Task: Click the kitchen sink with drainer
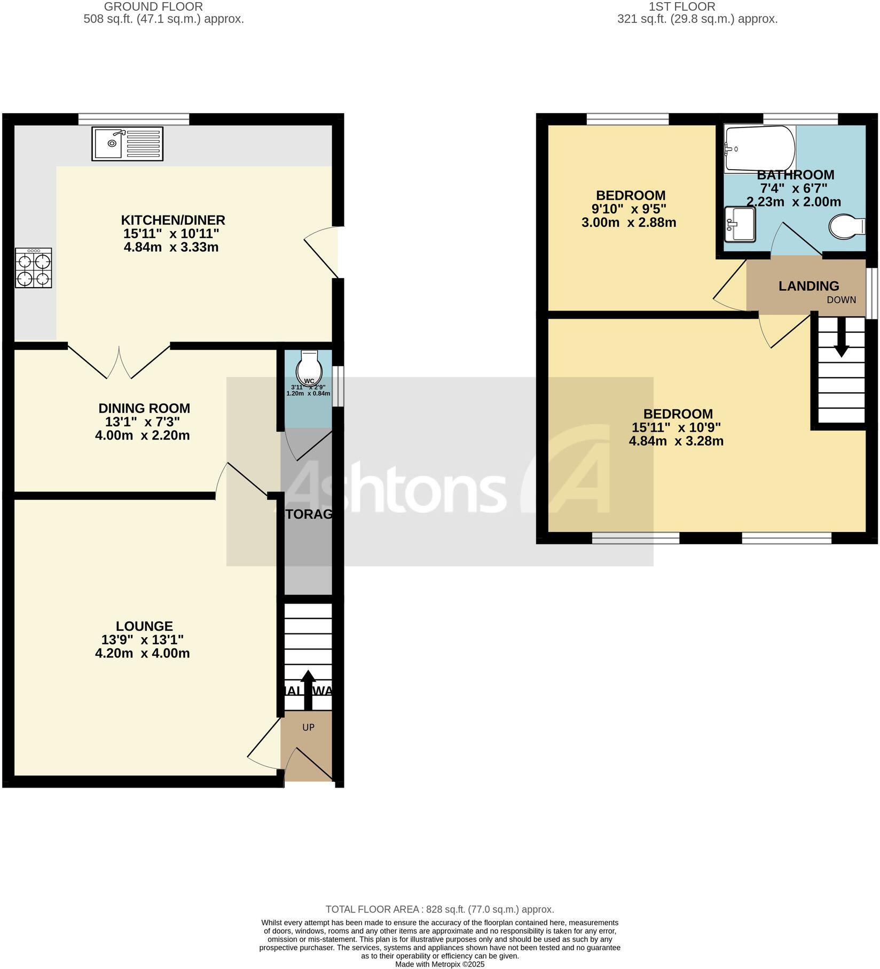(x=127, y=144)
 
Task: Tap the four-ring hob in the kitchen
(x=33, y=268)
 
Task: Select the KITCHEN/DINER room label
(x=173, y=220)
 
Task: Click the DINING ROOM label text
(x=144, y=408)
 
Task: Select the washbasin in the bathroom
(x=740, y=224)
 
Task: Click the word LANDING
(x=808, y=286)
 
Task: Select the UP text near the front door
(x=309, y=727)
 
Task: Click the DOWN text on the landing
(x=841, y=300)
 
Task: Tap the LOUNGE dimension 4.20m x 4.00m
(x=143, y=654)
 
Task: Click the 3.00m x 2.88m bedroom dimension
(x=628, y=223)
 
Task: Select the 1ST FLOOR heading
(x=681, y=7)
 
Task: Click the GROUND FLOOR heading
(x=153, y=7)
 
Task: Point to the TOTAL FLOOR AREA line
(x=439, y=909)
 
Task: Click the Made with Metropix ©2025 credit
(x=439, y=964)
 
